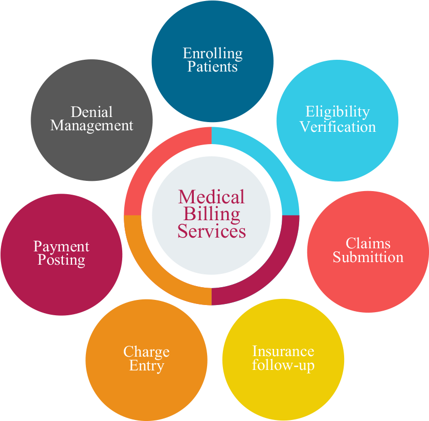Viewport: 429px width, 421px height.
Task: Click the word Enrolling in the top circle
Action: click(213, 53)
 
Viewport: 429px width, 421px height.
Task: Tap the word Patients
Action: click(213, 66)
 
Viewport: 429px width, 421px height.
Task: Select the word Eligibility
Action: click(337, 111)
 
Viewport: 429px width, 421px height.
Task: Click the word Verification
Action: click(337, 126)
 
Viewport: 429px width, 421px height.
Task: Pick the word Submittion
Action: click(368, 257)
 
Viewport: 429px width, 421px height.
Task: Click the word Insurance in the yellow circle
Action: click(283, 351)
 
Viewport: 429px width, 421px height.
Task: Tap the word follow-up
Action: click(283, 365)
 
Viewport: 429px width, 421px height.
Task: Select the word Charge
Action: click(146, 352)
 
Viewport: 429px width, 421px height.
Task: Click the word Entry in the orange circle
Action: click(146, 366)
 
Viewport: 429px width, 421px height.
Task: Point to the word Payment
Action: click(61, 247)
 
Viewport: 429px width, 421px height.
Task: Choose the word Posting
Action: click(61, 260)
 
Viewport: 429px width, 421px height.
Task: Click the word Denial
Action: click(92, 111)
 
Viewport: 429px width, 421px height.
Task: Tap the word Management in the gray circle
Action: click(92, 126)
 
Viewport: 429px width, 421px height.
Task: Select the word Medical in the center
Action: click(212, 197)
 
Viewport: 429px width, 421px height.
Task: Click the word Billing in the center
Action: click(212, 214)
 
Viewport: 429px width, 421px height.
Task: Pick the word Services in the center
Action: click(212, 231)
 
